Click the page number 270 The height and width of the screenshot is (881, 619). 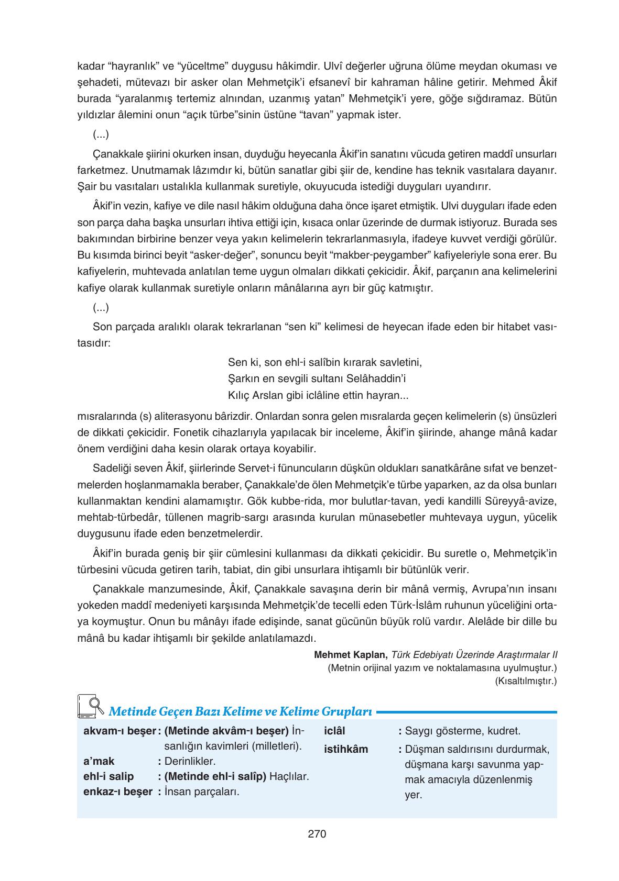click(317, 834)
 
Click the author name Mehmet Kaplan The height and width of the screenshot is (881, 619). click(350, 655)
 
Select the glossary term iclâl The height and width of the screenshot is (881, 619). click(335, 731)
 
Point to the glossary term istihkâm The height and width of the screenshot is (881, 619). click(346, 749)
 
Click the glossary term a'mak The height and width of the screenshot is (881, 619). click(99, 761)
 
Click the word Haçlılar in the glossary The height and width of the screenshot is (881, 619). click(289, 776)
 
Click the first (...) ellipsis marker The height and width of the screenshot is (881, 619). click(101, 135)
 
